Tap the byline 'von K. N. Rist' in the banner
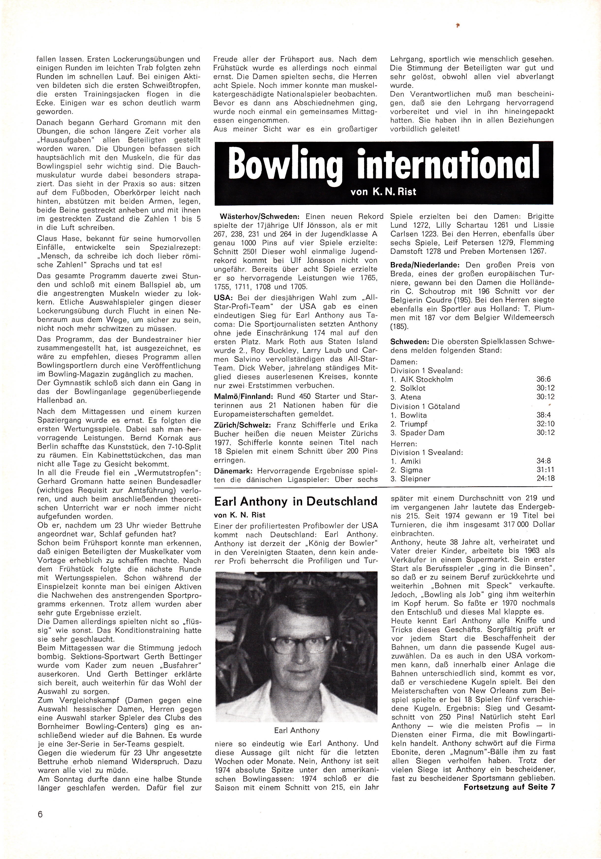coord(384,192)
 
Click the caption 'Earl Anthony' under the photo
coord(297,730)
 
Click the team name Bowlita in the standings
coord(414,415)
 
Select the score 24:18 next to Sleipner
coord(545,478)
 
